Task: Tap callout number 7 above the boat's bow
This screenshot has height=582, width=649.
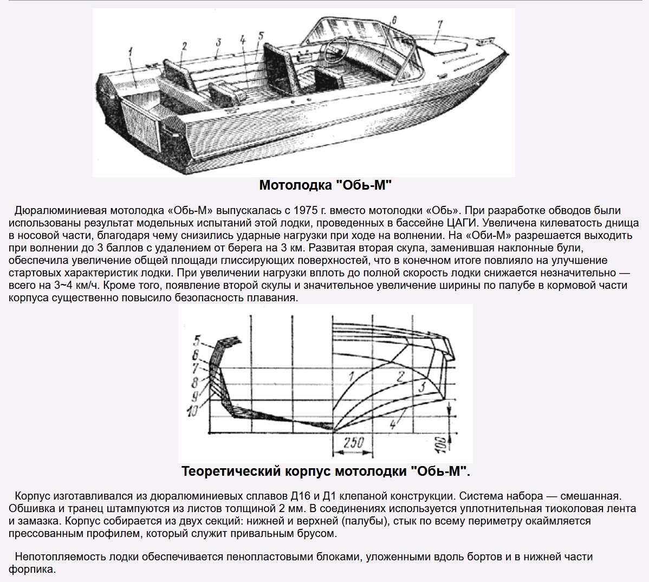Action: pyautogui.click(x=440, y=24)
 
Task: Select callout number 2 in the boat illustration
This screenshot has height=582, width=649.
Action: pyautogui.click(x=184, y=46)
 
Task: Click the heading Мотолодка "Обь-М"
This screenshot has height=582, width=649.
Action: pyautogui.click(x=325, y=185)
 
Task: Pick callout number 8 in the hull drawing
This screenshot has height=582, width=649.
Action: pyautogui.click(x=194, y=382)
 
